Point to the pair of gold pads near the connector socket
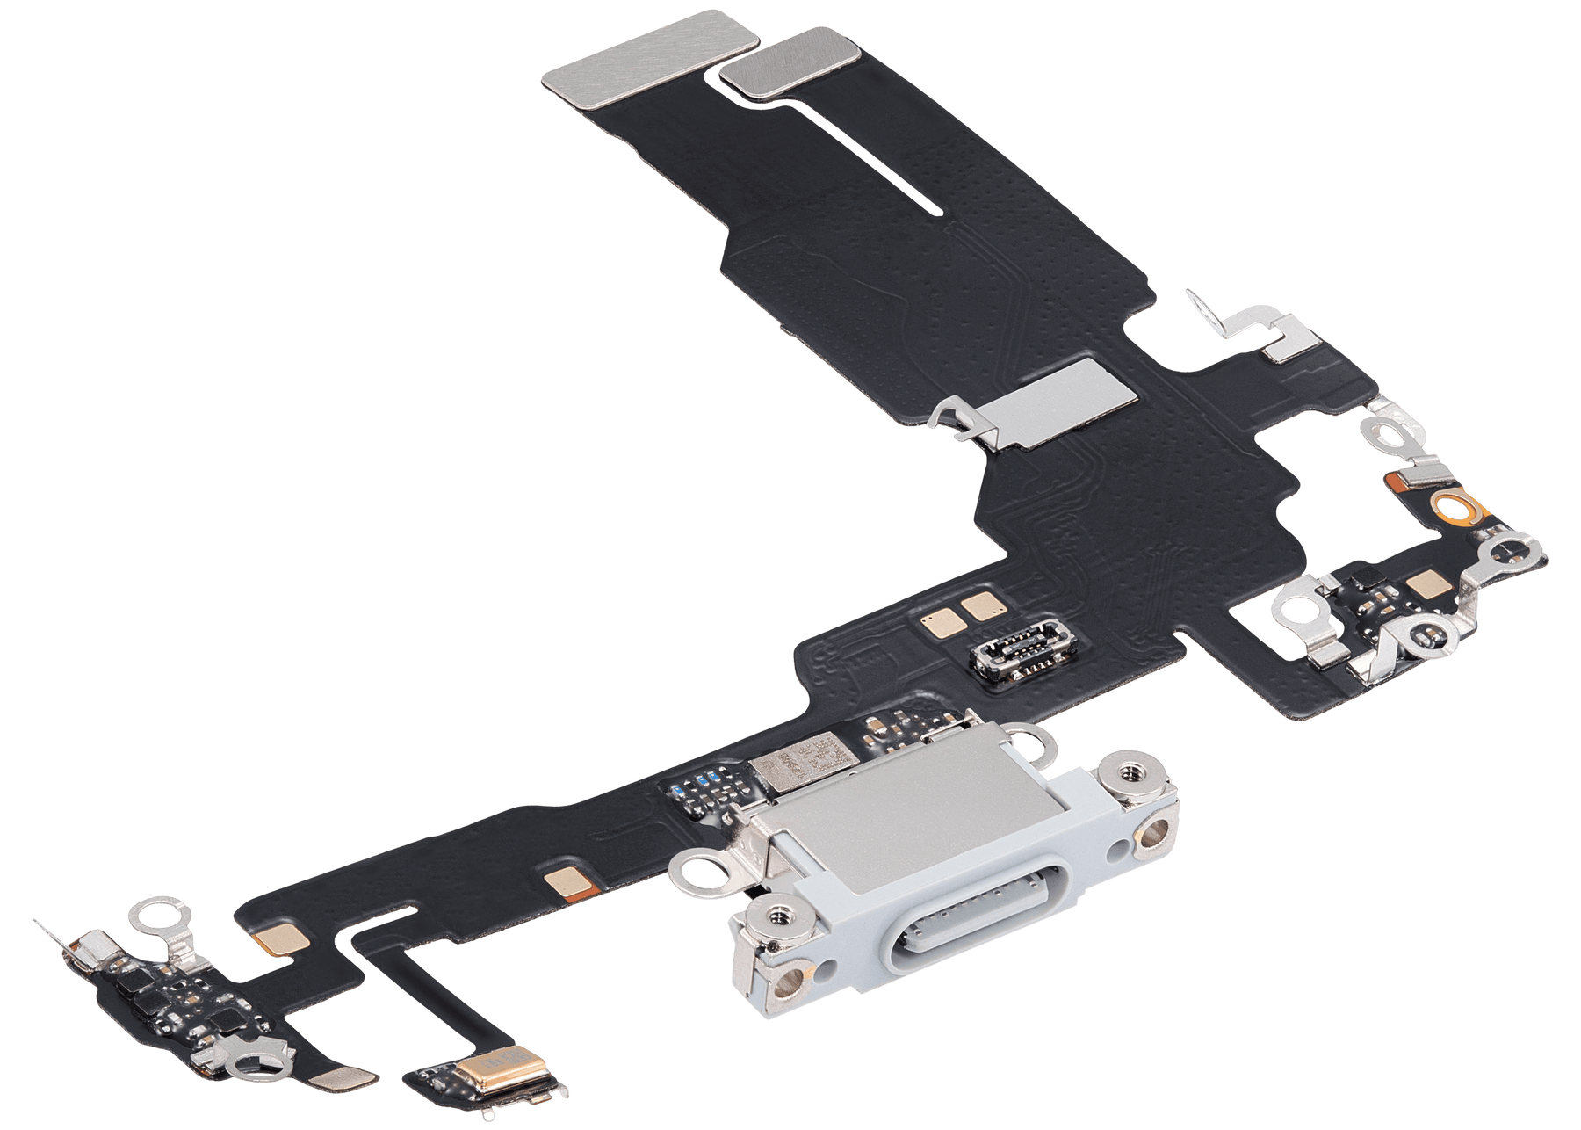[x=957, y=616]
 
